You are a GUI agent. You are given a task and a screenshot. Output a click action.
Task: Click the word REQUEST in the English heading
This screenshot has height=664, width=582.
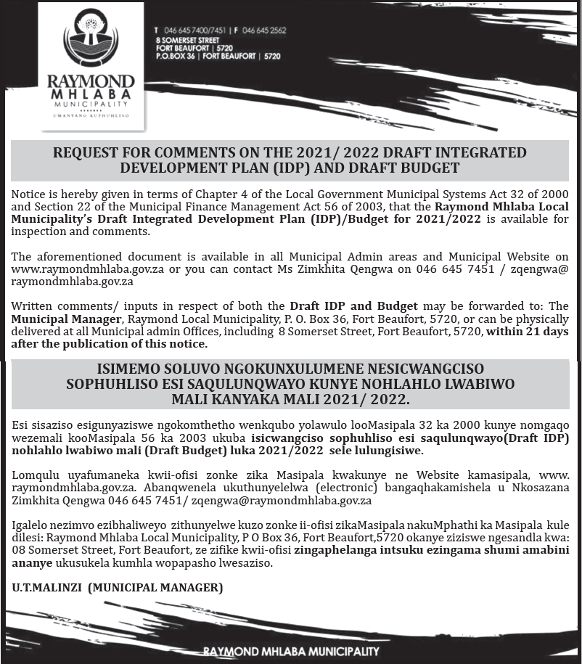point(88,153)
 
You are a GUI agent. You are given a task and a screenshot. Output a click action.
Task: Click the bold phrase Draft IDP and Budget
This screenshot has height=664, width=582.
point(353,306)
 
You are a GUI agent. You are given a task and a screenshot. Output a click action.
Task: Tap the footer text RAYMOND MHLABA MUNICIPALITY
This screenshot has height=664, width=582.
point(291,652)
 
